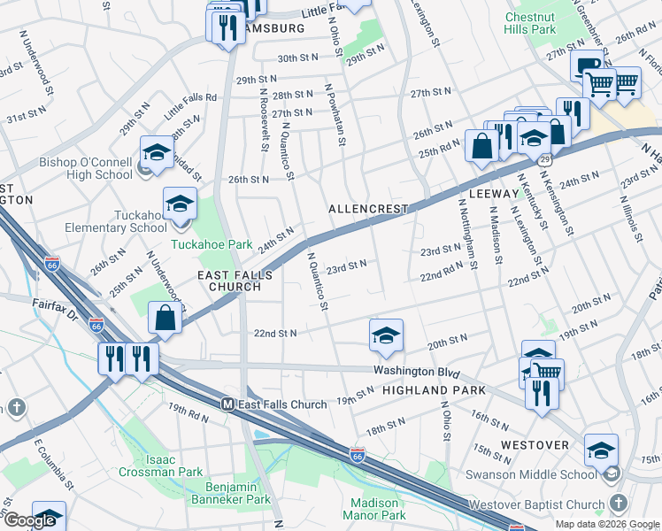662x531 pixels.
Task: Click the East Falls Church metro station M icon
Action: (x=227, y=404)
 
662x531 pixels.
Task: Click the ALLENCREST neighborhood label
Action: (x=368, y=209)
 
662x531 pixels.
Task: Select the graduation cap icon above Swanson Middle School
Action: (x=601, y=450)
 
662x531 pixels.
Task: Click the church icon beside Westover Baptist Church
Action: (x=617, y=504)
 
